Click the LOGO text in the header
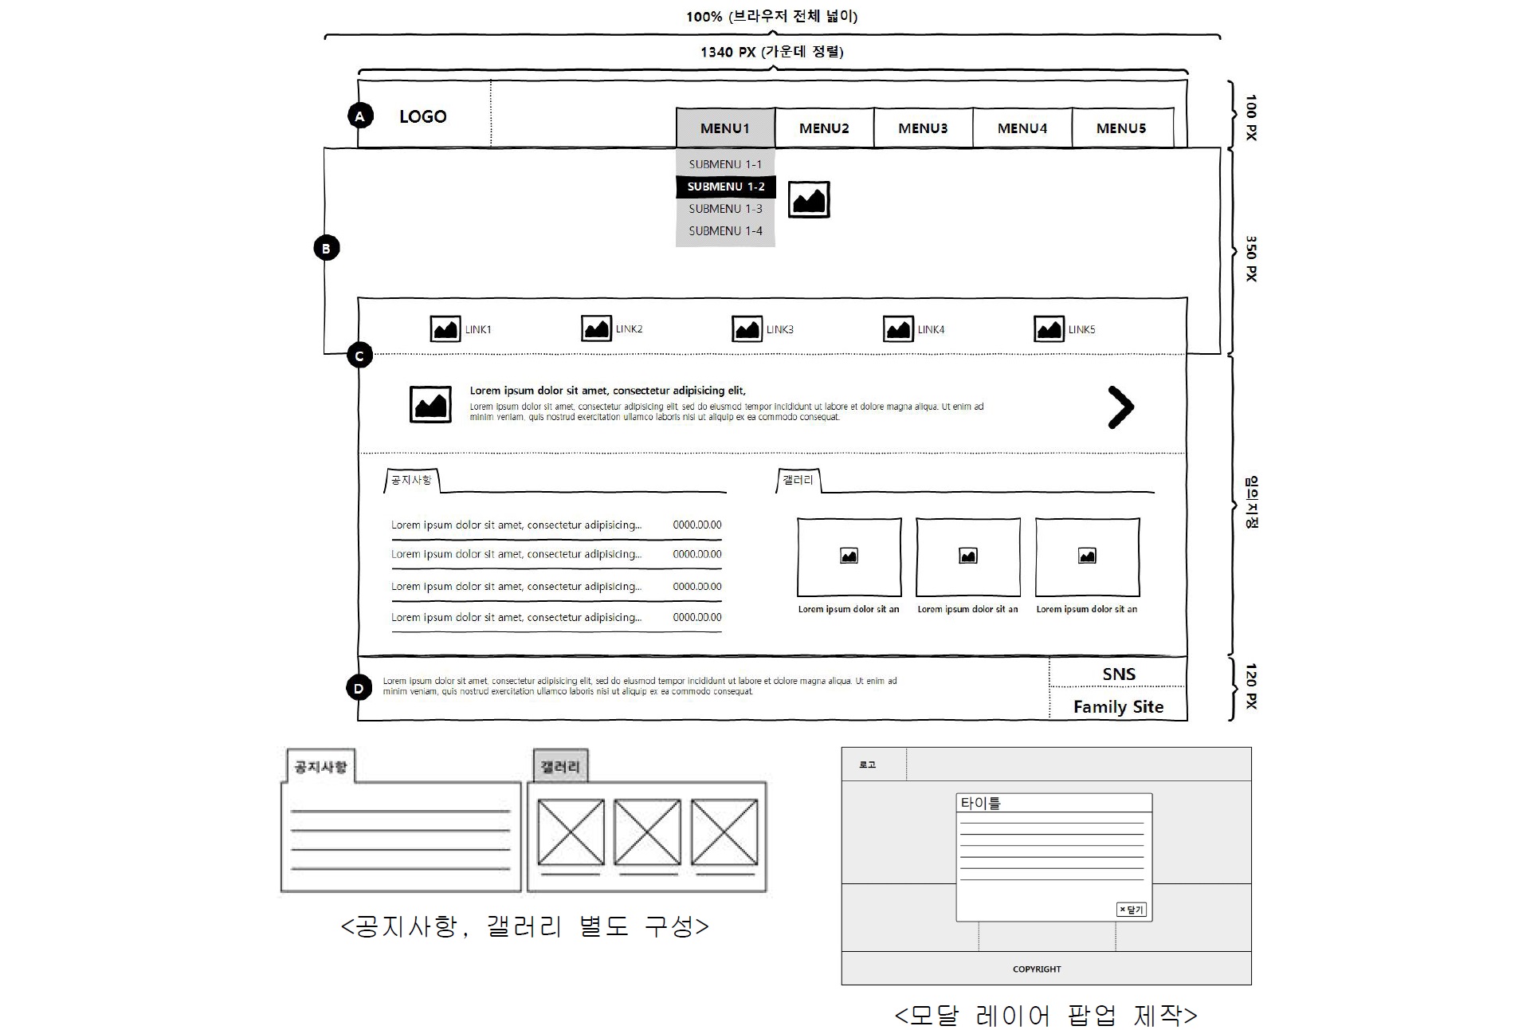point(422,116)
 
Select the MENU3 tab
point(923,128)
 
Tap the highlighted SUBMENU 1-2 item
point(725,187)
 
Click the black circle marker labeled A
point(360,116)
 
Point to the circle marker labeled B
point(326,248)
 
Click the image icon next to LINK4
point(898,329)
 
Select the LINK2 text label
point(629,329)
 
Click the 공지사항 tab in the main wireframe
point(411,480)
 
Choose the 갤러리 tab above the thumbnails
point(798,480)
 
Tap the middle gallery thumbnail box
point(967,556)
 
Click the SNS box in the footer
point(1118,674)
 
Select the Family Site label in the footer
point(1118,706)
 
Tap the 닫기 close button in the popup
point(1131,910)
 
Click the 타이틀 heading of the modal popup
point(980,803)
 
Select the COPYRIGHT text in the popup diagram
point(1037,969)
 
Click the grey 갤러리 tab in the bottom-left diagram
point(560,766)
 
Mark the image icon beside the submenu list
point(809,199)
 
